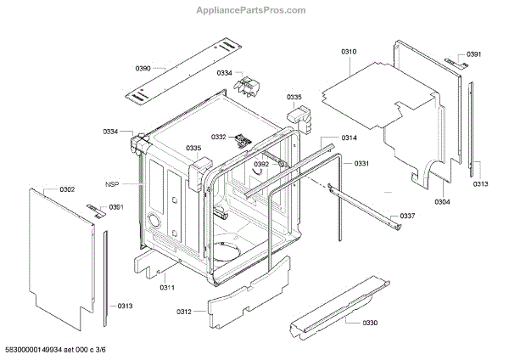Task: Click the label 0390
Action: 143,67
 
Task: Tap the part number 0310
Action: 349,53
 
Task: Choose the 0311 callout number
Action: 167,288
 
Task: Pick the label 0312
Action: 185,313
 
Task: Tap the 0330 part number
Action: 370,323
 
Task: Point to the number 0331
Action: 361,163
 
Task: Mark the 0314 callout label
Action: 349,138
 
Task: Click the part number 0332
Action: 219,137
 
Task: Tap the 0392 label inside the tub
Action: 260,164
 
